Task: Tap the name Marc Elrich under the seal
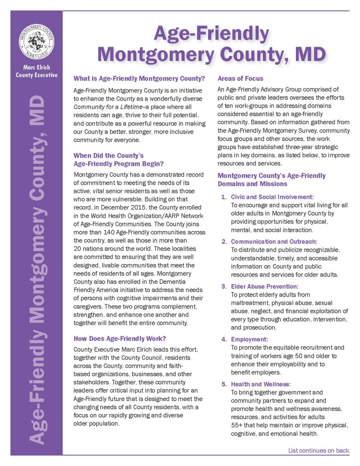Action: click(37, 68)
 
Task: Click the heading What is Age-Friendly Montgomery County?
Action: click(139, 78)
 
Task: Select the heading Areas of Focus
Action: click(240, 78)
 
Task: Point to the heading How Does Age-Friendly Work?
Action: click(120, 339)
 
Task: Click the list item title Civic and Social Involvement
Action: click(272, 197)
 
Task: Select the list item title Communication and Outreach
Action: click(274, 242)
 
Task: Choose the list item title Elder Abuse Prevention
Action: click(265, 287)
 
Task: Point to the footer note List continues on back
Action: click(318, 451)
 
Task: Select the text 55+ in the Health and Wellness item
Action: click(237, 425)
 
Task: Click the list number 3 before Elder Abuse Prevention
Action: click(224, 287)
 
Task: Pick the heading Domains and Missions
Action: click(252, 184)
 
